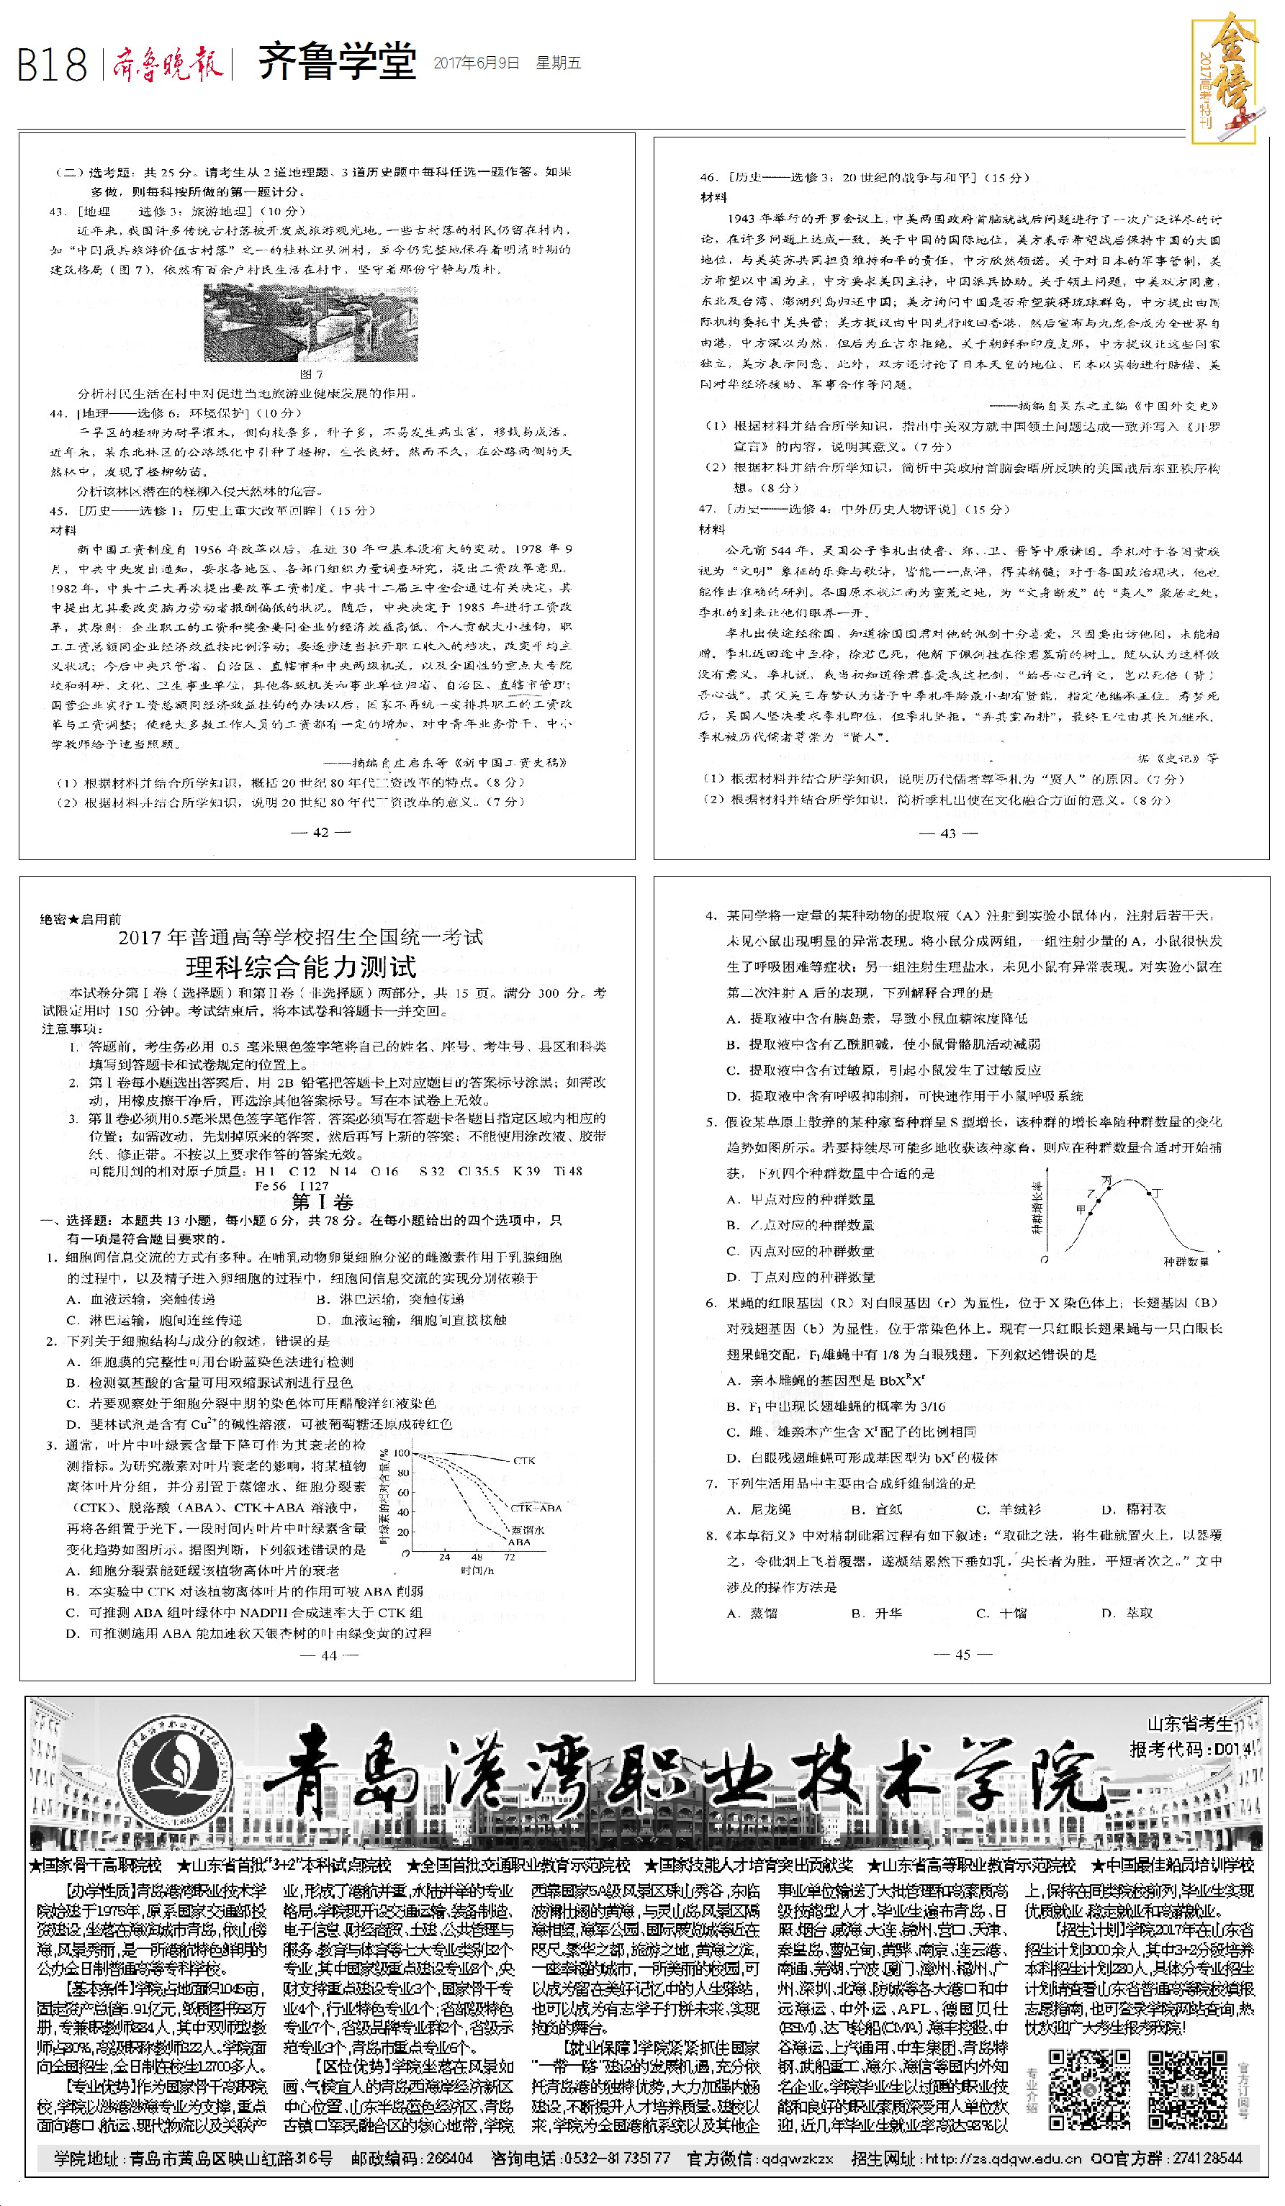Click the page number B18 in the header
tap(53, 65)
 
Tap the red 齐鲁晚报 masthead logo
tap(166, 64)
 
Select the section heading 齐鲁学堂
tap(337, 63)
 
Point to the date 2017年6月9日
tap(476, 63)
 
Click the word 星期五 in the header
tap(559, 63)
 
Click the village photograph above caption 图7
tap(311, 323)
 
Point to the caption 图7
tap(312, 374)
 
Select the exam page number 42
tap(320, 831)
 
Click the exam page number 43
tap(948, 833)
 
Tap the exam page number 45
tap(963, 1654)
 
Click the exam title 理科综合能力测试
tap(301, 967)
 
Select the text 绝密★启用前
tap(81, 918)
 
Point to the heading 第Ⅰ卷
tap(322, 1201)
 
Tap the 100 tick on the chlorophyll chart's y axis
tap(401, 1453)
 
